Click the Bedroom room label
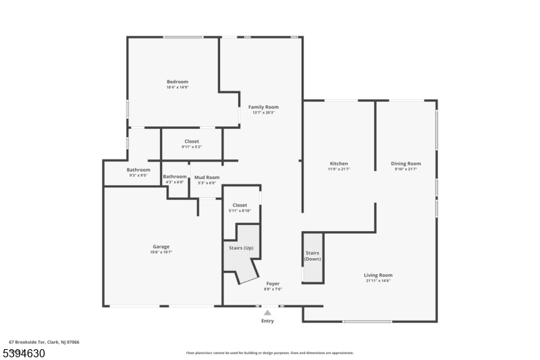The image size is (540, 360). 178,82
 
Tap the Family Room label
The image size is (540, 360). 263,107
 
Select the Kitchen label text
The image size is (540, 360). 339,163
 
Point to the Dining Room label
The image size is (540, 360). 406,163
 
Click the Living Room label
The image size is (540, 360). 378,275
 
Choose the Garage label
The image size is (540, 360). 161,247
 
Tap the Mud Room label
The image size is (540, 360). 207,177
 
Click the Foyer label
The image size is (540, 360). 273,284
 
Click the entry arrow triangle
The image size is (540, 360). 267,313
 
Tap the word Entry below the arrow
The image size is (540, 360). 268,321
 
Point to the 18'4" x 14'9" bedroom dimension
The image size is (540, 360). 178,87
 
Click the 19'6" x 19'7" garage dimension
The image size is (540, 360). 161,252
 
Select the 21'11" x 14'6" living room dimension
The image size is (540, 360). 378,280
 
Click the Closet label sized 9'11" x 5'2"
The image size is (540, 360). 192,141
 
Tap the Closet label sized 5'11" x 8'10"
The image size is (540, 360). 240,205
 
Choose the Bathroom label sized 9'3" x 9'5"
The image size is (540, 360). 138,170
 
